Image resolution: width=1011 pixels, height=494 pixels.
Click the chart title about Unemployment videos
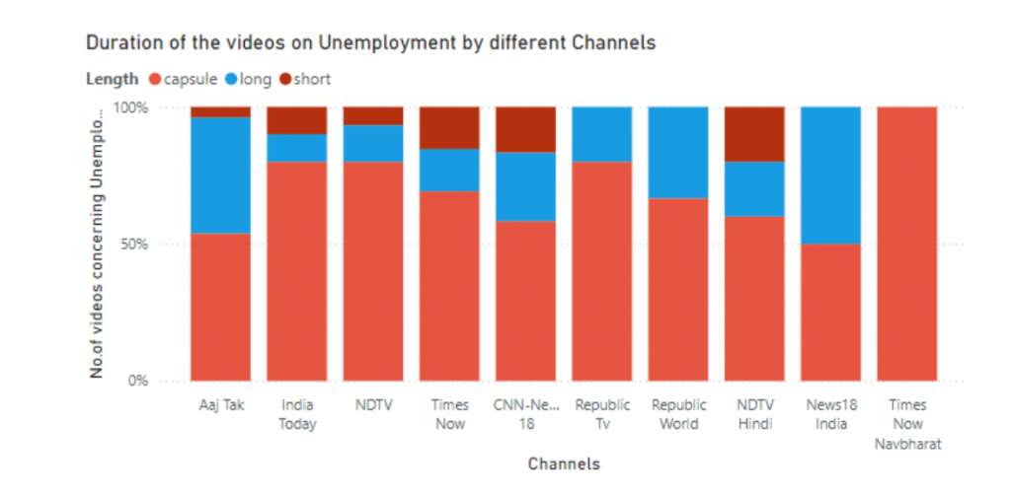370,43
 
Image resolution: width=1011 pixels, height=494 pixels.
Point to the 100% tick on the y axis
131,106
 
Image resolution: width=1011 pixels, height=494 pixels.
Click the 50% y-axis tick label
135,244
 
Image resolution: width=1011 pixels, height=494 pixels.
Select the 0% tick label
139,380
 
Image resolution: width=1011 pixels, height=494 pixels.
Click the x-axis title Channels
563,463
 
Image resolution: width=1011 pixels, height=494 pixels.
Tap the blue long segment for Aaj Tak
220,175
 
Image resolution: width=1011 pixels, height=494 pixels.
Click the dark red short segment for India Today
296,119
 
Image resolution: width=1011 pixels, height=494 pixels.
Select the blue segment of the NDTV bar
372,143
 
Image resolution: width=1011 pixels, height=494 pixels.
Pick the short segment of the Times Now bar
449,127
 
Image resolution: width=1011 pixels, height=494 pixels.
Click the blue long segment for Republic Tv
602,133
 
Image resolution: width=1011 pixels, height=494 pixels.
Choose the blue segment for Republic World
678,152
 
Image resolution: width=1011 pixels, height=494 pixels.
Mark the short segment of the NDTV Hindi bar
754,133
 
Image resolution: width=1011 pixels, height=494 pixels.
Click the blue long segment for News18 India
830,175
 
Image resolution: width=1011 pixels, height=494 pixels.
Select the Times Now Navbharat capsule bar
906,243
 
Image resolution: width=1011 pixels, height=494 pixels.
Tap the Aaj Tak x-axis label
220,405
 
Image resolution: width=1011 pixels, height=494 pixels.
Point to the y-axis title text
97,243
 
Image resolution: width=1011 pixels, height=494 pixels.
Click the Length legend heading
108,79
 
